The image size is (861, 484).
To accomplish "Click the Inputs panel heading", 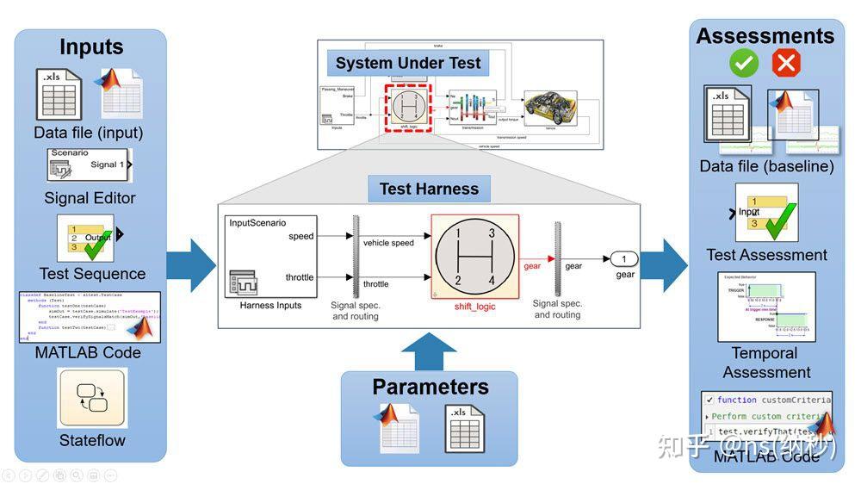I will [90, 47].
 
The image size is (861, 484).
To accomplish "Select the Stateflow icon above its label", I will [91, 398].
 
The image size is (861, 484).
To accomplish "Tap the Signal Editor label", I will [90, 198].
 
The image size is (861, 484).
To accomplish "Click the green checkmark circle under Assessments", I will [743, 63].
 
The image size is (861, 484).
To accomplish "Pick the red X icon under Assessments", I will [785, 63].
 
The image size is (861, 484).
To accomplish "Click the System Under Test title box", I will [409, 63].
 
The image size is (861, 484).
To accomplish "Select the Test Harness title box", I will [429, 189].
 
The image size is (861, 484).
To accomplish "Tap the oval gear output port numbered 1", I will [624, 258].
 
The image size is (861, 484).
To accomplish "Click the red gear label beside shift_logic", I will [533, 266].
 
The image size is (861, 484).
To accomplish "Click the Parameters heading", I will [430, 387].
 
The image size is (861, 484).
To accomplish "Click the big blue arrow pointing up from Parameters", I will [429, 351].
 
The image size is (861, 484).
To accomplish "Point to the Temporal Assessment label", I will [765, 363].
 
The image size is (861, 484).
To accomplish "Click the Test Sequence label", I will [90, 274].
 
